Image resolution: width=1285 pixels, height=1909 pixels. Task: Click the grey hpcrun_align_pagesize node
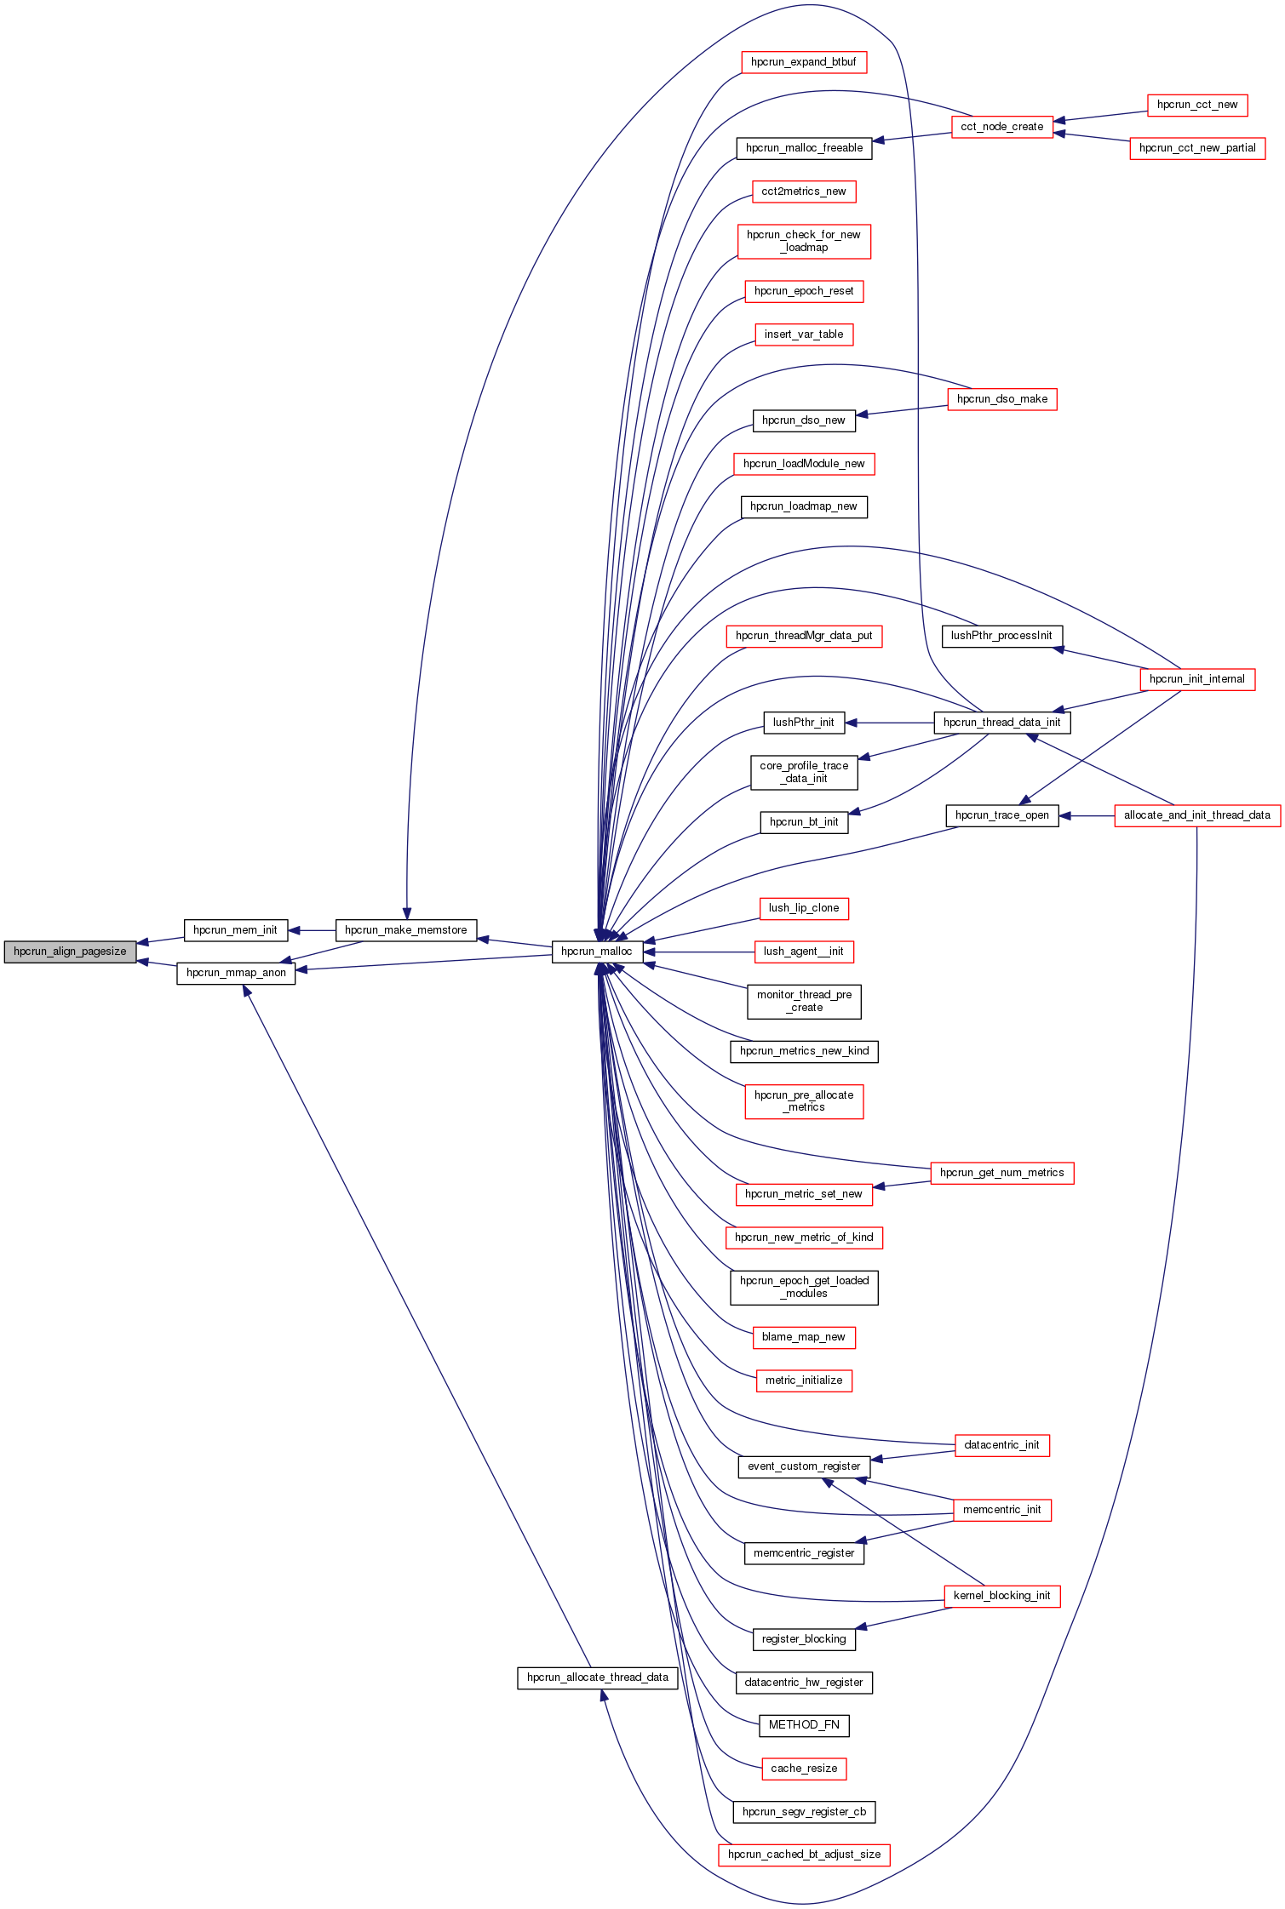(x=70, y=952)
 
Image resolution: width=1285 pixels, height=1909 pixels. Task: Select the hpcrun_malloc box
(x=597, y=952)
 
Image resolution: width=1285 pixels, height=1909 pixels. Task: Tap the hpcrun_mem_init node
(x=236, y=930)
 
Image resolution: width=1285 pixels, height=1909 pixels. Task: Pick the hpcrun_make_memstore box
(x=406, y=930)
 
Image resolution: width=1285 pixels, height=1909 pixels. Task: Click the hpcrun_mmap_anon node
(x=236, y=973)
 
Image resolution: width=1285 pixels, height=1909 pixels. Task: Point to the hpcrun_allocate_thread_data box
(x=598, y=1678)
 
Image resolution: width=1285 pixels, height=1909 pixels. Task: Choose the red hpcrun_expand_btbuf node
(x=804, y=62)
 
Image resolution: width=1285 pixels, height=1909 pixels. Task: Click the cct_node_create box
(x=1002, y=127)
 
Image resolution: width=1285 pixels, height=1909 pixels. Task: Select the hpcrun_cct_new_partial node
(x=1197, y=148)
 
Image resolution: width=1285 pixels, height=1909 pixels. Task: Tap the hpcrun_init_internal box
(x=1197, y=679)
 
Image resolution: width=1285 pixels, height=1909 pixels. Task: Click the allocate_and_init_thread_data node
(x=1197, y=815)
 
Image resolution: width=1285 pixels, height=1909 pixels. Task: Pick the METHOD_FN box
(x=804, y=1725)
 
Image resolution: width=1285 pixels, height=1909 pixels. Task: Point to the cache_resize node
(x=804, y=1769)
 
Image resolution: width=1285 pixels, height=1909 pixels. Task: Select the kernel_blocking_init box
(x=1002, y=1596)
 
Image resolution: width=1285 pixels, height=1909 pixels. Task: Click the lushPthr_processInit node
(x=1002, y=636)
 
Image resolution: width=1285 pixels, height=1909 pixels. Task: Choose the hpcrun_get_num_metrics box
(x=1002, y=1173)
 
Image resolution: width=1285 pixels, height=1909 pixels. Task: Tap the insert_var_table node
(x=804, y=334)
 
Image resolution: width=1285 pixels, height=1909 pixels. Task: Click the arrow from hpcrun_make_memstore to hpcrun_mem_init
(x=313, y=930)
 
